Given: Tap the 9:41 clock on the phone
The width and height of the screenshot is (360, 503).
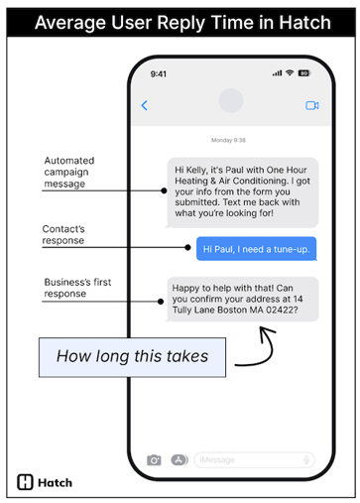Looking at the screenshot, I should pos(159,73).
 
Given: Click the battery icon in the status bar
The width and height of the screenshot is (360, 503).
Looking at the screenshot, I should pos(303,73).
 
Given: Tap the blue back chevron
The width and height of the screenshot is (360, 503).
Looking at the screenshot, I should pos(145,105).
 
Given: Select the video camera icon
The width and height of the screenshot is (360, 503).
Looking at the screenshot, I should pos(311,105).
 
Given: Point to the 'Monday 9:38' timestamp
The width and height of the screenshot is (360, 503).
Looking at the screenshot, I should pos(229,140).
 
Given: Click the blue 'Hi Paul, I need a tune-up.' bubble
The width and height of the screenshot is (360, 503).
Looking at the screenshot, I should pos(256,249).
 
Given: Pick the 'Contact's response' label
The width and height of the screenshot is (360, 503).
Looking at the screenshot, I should pos(63,234).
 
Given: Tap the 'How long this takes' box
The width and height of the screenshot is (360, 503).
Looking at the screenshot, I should pos(132,356).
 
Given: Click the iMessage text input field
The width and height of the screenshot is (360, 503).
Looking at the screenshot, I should pos(254,459).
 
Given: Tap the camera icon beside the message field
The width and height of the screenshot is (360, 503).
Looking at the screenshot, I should pos(154,459).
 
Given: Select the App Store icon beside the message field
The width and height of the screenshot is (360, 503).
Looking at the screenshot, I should pos(180,459).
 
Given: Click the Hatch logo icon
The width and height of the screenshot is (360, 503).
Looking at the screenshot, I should pos(26,483).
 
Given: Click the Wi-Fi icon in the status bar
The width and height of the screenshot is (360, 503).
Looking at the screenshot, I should pos(289,73).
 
